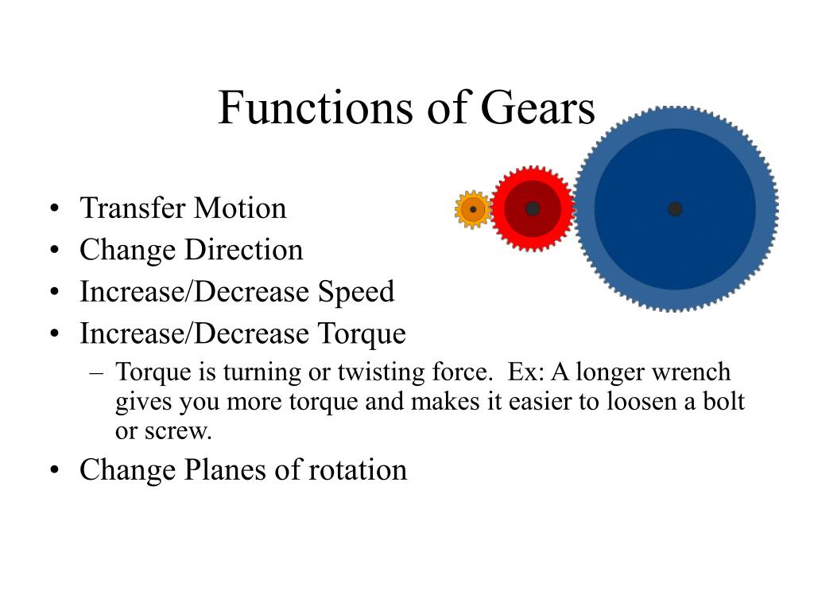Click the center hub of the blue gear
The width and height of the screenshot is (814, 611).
(675, 209)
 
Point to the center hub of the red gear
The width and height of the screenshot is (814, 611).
(533, 208)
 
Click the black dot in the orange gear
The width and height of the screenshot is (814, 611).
(473, 210)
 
